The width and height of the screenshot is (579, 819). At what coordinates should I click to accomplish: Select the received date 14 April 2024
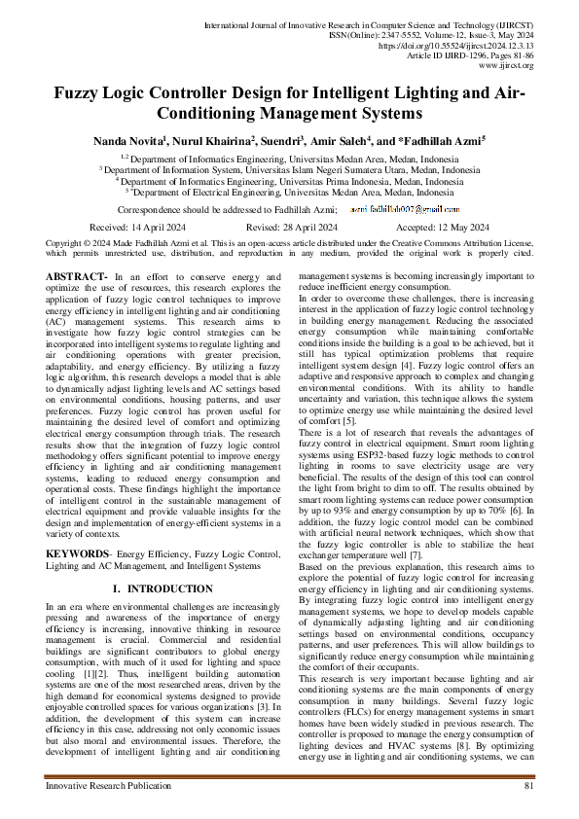coord(135,226)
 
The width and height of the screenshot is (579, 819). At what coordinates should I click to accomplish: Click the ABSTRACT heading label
coord(76,277)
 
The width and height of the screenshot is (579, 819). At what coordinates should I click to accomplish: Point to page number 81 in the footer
coord(528,811)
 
